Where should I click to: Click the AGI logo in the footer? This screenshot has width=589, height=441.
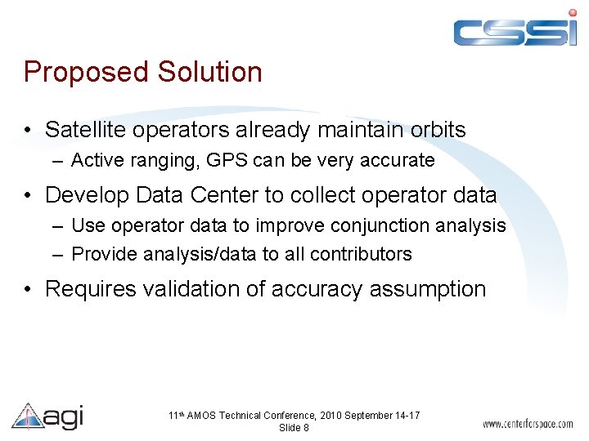coord(47,416)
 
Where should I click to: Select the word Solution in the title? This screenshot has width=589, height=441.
coord(209,72)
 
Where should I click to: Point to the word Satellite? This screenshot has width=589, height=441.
coord(84,130)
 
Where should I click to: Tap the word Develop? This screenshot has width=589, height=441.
coord(86,196)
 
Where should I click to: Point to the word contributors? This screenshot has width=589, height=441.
coord(362,254)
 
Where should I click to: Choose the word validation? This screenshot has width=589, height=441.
coord(199,289)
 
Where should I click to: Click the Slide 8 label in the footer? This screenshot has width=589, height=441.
coord(294,428)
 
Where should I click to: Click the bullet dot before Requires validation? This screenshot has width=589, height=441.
coord(29,290)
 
